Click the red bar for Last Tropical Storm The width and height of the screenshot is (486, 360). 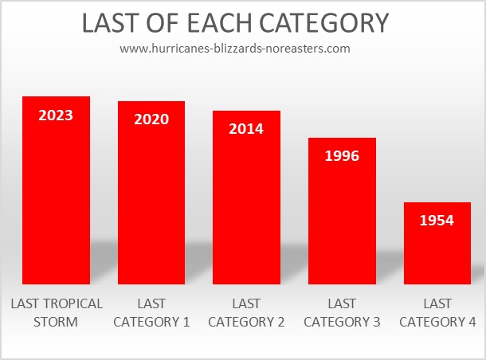(x=56, y=190)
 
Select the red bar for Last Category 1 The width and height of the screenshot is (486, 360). (x=151, y=193)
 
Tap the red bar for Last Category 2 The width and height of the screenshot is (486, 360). (x=246, y=198)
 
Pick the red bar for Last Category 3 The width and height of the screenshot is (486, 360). (x=342, y=211)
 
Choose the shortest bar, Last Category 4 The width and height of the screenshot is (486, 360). (x=437, y=243)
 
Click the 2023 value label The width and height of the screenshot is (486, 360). (x=56, y=115)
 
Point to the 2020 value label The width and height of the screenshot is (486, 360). (x=151, y=119)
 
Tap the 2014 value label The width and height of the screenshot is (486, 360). (x=246, y=129)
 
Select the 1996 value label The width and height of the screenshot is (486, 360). (x=342, y=156)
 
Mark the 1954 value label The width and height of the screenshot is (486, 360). (x=437, y=221)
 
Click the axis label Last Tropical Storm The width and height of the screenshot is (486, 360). (x=57, y=312)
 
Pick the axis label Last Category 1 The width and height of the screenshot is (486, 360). (x=151, y=312)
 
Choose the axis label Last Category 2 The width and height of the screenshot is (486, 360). (x=246, y=312)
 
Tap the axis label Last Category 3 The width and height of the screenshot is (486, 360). (x=342, y=312)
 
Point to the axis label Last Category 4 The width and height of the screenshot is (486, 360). (x=437, y=312)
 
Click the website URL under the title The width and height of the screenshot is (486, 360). (x=235, y=49)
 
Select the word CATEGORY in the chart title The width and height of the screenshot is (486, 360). (x=323, y=23)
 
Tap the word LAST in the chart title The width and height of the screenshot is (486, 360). (x=110, y=23)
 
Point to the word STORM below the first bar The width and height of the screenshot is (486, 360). (x=56, y=322)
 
